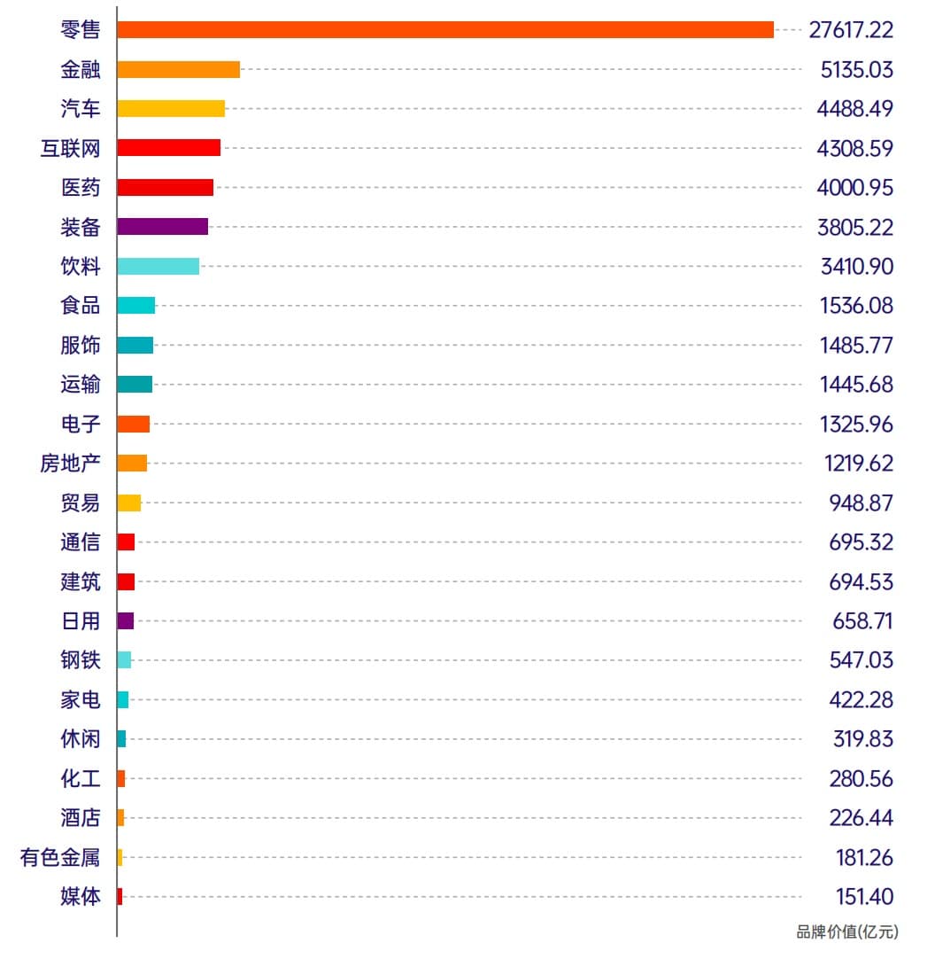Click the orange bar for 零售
coord(445,29)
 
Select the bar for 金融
coord(179,69)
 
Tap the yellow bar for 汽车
coord(171,108)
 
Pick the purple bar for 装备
coord(162,226)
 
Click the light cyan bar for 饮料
coord(158,266)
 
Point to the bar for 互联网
coord(168,147)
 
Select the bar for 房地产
coord(132,463)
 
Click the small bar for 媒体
coord(120,896)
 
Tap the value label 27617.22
coord(851,30)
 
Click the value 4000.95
coord(854,187)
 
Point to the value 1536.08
coord(856,306)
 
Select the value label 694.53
coord(861,581)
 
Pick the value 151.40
coord(864,896)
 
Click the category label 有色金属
coord(60,857)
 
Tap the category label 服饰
coord(81,345)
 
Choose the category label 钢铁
coord(81,660)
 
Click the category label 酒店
coord(81,817)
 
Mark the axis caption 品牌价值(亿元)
coord(846,932)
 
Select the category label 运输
coord(81,384)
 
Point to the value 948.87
coord(861,503)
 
